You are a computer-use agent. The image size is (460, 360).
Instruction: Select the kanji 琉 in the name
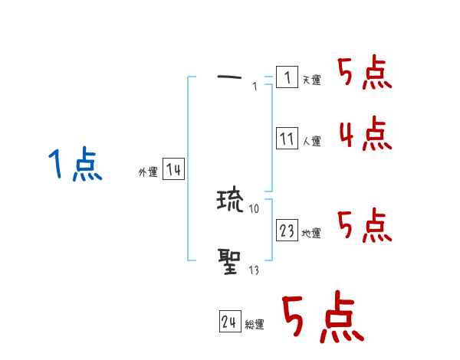tap(229, 201)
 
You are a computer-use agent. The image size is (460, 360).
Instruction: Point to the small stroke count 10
tap(255, 208)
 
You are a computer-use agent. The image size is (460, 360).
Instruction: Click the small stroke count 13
tap(254, 270)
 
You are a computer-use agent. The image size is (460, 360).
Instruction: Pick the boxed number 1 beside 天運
tap(287, 77)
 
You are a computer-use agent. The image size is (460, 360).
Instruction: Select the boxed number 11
tap(287, 139)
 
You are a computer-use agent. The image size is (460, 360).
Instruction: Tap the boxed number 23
tap(287, 231)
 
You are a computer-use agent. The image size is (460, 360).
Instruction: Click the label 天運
tap(311, 80)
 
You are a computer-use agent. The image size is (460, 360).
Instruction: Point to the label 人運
tap(311, 141)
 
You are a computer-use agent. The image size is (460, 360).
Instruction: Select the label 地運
tap(311, 233)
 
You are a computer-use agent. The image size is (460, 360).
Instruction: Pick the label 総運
tap(255, 324)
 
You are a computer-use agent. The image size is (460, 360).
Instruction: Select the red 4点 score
tap(365, 134)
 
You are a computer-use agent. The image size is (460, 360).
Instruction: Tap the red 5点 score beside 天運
tap(365, 74)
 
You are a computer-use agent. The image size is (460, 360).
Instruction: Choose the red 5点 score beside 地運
tap(365, 226)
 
